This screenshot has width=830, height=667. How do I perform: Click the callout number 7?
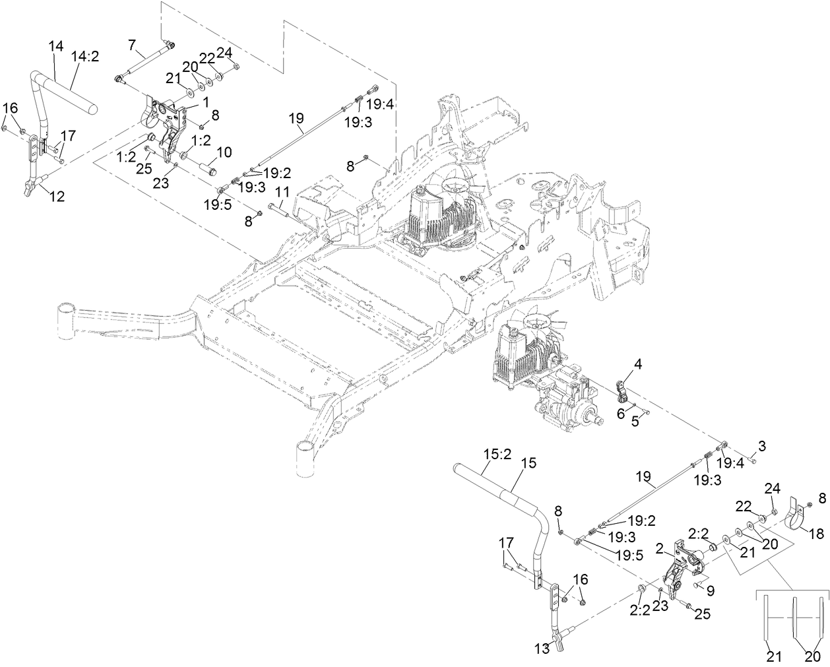click(132, 46)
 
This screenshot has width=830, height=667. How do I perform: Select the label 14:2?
click(84, 57)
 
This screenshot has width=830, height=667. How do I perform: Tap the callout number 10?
click(224, 152)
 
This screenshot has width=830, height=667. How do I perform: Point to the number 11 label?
click(282, 192)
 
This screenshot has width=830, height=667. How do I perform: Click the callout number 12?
click(57, 197)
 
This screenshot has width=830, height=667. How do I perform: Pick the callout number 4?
click(620, 363)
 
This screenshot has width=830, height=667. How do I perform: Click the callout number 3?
click(761, 447)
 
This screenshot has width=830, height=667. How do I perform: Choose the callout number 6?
click(620, 412)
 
